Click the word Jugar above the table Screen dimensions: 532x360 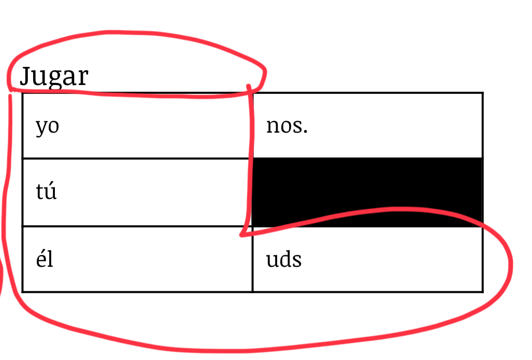tap(54, 77)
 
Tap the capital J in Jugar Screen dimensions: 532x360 tap(26, 76)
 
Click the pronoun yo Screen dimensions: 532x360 tap(48, 127)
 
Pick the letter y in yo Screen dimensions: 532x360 tap(41, 128)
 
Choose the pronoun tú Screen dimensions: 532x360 tap(46, 191)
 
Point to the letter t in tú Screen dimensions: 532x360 tap(40, 192)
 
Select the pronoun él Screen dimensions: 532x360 tap(45, 259)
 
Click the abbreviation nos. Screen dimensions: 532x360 tap(286, 126)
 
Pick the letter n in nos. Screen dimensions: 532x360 tap(273, 126)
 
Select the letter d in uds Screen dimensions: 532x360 tap(285, 259)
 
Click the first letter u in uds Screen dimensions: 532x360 tap(272, 261)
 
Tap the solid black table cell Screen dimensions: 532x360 tap(367, 192)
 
